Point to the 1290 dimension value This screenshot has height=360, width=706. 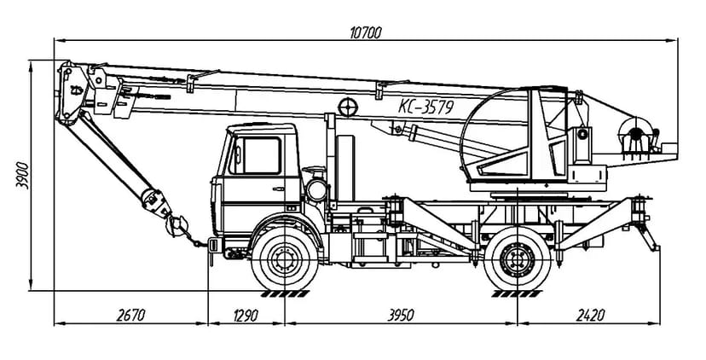click(x=246, y=315)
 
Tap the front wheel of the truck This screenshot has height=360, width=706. click(x=285, y=258)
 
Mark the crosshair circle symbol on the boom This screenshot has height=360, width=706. click(x=348, y=107)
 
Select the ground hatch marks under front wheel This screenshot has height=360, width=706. click(x=285, y=294)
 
